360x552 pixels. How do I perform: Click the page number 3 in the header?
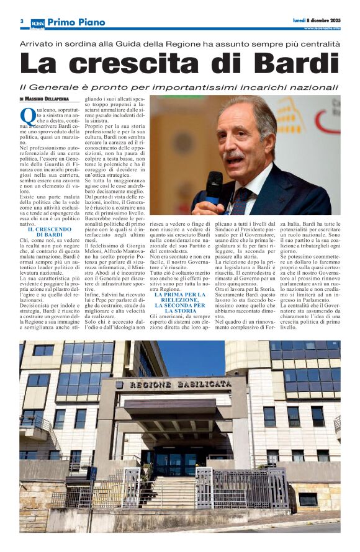22,22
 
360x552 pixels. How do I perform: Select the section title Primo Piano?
76,22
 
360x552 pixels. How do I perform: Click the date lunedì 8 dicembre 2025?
317,20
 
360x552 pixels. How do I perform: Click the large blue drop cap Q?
28,117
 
